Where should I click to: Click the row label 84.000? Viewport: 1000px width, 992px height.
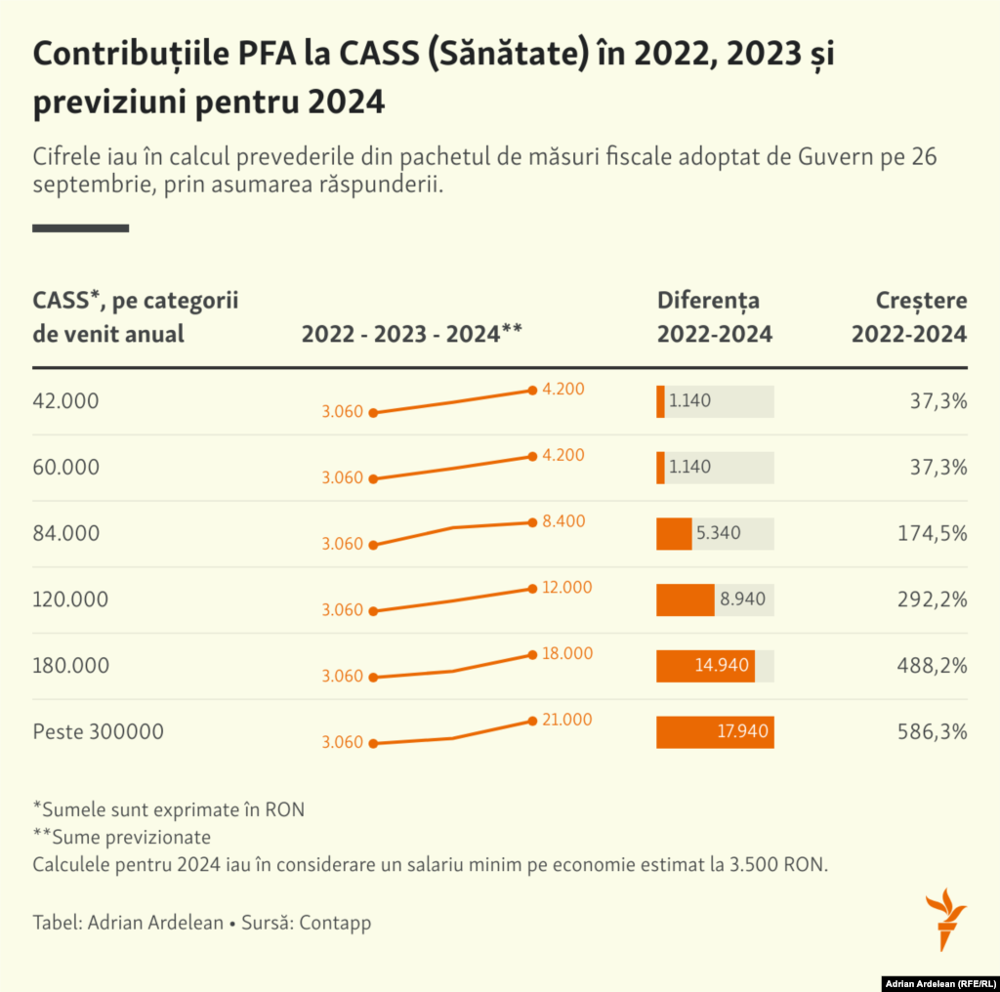point(66,534)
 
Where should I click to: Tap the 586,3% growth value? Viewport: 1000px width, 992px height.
point(932,732)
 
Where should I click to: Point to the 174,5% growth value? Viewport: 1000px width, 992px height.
point(932,534)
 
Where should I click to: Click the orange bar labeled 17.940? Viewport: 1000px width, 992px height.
point(715,732)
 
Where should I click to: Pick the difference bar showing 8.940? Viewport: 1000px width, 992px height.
point(686,600)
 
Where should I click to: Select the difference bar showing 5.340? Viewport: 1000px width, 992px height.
point(674,534)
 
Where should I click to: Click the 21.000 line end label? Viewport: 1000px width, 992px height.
point(567,720)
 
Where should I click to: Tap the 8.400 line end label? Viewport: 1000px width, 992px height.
point(563,521)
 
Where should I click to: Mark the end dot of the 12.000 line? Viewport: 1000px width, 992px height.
point(532,588)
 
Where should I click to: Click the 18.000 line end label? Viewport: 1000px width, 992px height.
point(567,653)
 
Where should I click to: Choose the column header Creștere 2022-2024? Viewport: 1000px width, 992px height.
point(909,317)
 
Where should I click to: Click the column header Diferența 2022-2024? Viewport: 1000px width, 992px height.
point(714,317)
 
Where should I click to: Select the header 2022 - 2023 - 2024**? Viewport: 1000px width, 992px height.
point(412,334)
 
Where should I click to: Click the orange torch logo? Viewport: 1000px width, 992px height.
point(944,918)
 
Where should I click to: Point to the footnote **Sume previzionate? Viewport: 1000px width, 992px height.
point(122,837)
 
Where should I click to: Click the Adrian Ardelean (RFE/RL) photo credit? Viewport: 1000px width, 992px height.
point(938,982)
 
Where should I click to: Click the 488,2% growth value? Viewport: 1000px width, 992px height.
point(932,666)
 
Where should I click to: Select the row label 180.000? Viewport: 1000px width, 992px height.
point(71,666)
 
